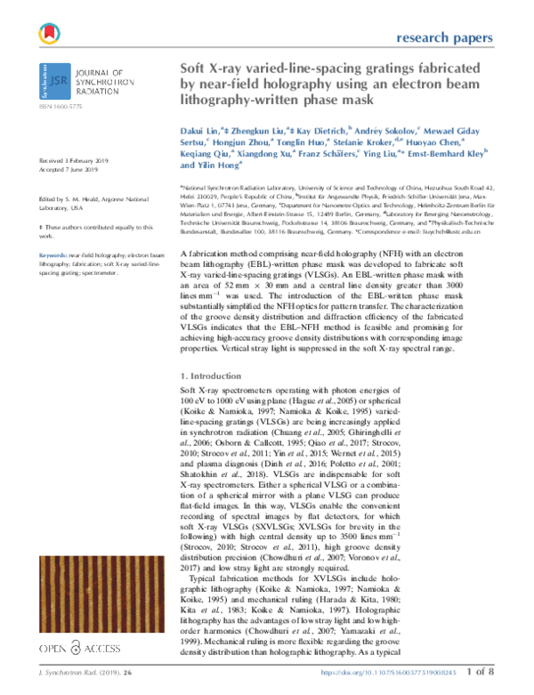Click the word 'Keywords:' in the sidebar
pos(56,255)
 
